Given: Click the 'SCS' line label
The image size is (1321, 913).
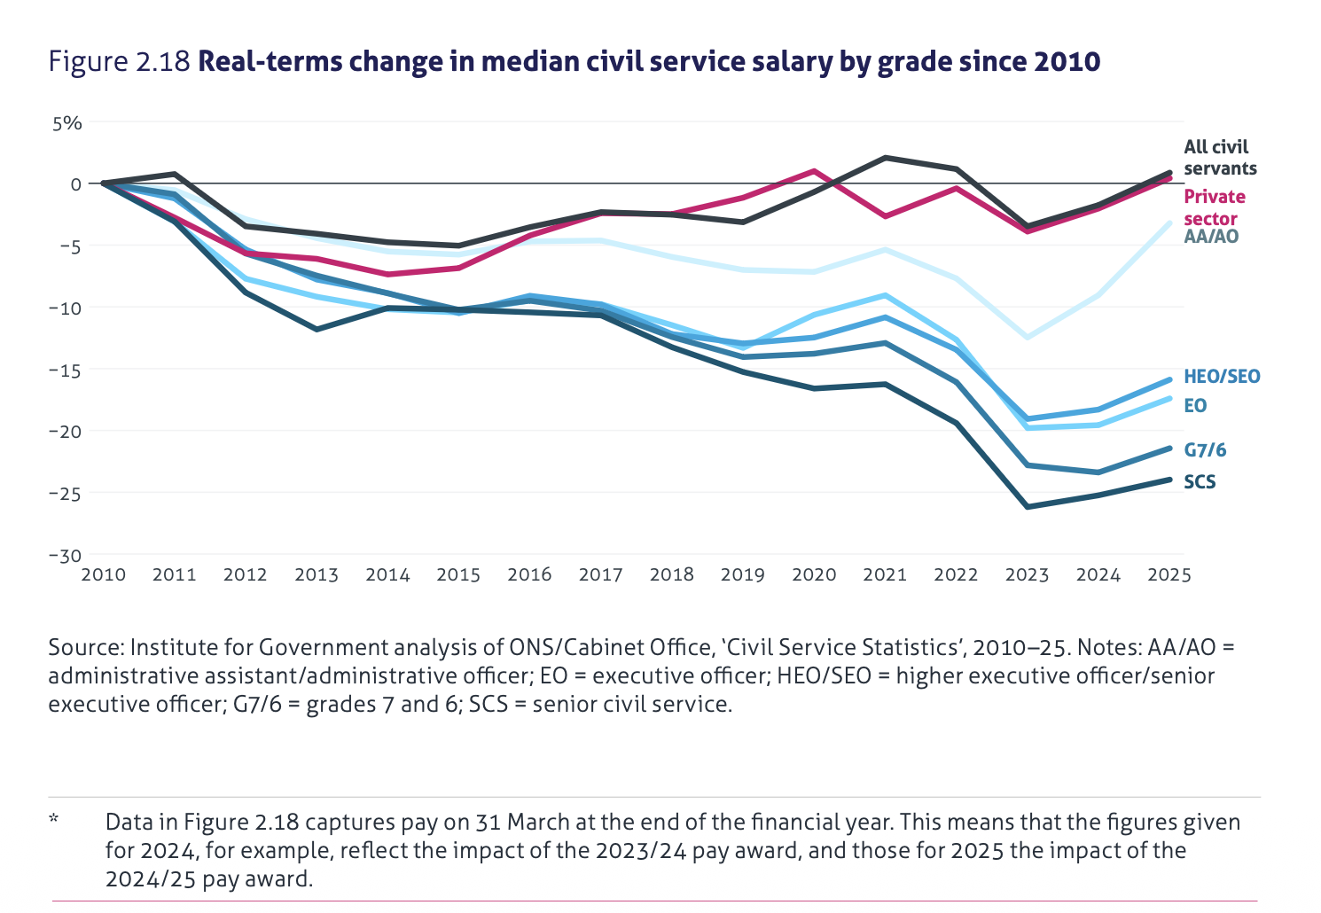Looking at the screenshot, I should [1200, 482].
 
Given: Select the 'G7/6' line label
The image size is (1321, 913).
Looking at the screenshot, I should [1205, 450].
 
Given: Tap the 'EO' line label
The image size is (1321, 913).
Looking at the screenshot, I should [1195, 406].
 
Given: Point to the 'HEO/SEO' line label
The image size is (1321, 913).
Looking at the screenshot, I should [1221, 377].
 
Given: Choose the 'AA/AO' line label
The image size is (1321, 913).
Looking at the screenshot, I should [1211, 237].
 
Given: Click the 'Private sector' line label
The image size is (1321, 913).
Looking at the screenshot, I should [1214, 207].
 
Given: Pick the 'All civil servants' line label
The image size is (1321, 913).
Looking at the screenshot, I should [1220, 158].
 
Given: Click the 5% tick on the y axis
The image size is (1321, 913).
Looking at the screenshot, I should [66, 123].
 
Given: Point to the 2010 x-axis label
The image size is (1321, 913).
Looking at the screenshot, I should [103, 574].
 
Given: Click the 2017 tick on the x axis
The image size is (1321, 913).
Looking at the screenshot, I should [600, 574].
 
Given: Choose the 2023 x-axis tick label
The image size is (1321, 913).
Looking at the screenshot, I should [1027, 574].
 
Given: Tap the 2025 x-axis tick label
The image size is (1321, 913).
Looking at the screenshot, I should [1169, 574].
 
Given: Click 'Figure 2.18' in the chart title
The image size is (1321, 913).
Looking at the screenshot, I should [120, 62].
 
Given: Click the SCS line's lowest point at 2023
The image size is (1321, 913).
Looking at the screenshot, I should [1028, 506].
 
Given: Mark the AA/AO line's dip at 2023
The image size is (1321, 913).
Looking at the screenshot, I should [1028, 338].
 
